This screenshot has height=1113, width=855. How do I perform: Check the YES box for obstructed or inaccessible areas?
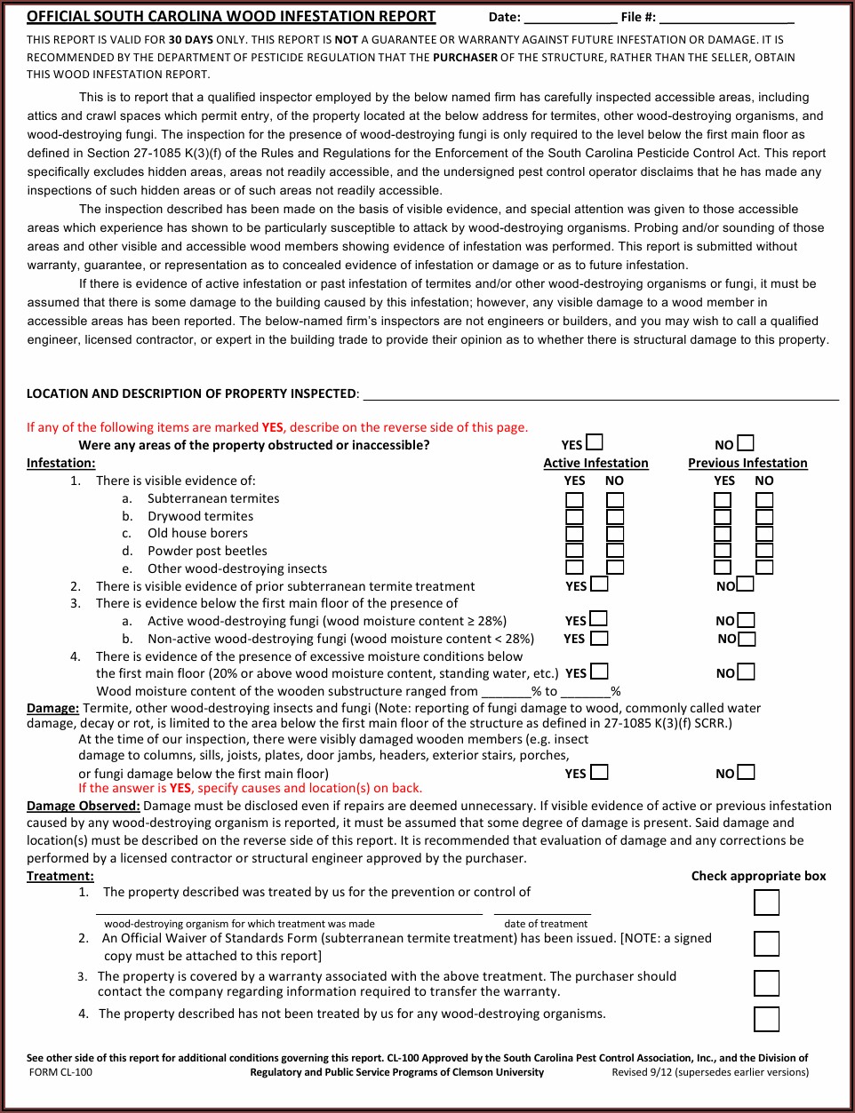click(595, 442)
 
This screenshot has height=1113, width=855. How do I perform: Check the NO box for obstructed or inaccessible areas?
click(746, 442)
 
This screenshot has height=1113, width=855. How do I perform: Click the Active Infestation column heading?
click(595, 463)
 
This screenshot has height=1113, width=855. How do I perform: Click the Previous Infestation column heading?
click(747, 463)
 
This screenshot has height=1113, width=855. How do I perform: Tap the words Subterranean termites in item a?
click(213, 498)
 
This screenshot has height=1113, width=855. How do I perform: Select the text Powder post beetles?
click(207, 551)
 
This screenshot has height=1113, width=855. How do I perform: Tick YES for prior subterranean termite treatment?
click(600, 584)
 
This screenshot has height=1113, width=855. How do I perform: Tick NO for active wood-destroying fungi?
click(747, 619)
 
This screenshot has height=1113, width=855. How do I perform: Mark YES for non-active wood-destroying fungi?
click(600, 637)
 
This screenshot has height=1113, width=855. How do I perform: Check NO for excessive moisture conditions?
click(747, 672)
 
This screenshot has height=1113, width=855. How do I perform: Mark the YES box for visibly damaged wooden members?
click(600, 772)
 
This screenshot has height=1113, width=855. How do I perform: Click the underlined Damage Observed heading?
click(84, 806)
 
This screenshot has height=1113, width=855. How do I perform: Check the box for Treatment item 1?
click(766, 902)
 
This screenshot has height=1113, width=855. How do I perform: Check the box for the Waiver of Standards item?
click(766, 943)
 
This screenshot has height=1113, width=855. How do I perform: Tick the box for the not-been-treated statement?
click(766, 1019)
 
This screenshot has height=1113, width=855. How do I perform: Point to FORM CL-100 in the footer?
click(60, 1072)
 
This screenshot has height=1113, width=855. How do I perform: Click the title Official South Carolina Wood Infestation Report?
click(231, 16)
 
